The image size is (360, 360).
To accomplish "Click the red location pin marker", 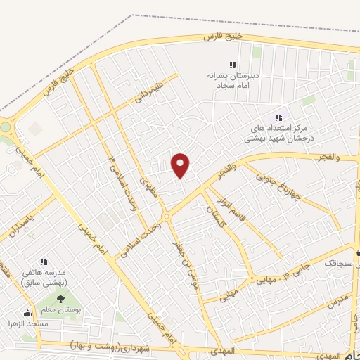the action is click(x=181, y=165).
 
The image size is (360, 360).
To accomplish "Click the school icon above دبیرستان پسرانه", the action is click(x=233, y=65).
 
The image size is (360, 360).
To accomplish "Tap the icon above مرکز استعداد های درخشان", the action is click(x=278, y=117).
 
